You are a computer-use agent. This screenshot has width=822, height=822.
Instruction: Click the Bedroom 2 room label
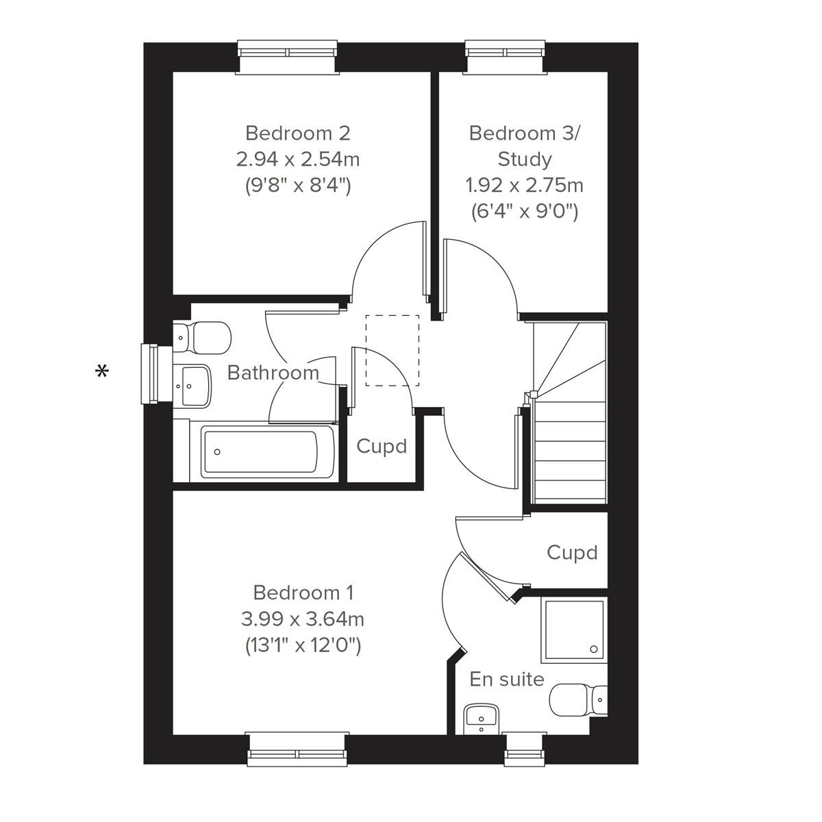click(297, 132)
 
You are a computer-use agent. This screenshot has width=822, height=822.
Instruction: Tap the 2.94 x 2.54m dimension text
click(297, 160)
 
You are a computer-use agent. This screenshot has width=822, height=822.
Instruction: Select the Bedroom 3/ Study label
click(524, 145)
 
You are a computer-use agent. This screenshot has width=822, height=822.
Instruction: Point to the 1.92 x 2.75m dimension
click(525, 186)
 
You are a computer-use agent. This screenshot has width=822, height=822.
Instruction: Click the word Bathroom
click(273, 373)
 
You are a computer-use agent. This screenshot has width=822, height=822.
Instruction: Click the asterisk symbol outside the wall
click(102, 372)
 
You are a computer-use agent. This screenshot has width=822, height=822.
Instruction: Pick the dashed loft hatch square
click(392, 350)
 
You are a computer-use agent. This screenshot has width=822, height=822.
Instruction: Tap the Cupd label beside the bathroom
click(382, 447)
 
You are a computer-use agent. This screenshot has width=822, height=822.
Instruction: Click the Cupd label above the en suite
click(572, 553)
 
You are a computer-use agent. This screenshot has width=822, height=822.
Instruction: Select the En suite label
click(507, 680)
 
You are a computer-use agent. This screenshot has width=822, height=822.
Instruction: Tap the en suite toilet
click(580, 699)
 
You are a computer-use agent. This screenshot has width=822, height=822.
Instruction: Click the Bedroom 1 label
click(303, 592)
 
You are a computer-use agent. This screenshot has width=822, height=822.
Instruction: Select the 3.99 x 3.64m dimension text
click(302, 619)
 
